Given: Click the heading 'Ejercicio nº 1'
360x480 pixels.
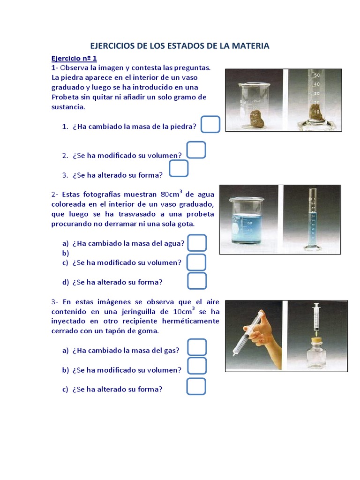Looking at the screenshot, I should (74, 59).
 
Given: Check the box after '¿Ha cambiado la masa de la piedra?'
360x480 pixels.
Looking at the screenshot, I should (211, 125).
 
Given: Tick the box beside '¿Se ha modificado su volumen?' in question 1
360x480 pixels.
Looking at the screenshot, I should (196, 150).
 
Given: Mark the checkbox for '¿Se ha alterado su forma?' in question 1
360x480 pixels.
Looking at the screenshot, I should (179, 169).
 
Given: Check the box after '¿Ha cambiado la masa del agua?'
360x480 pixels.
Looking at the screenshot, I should (197, 243).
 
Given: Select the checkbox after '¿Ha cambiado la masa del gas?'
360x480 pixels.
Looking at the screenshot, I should (197, 347).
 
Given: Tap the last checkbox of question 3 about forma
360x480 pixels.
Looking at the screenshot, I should (196, 386).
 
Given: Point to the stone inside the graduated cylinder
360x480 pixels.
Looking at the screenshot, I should (315, 112).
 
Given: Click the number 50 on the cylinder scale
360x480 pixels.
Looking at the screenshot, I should (316, 75).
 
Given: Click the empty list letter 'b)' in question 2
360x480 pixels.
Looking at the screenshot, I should (65, 253).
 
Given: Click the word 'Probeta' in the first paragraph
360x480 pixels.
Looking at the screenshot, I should (65, 97).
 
